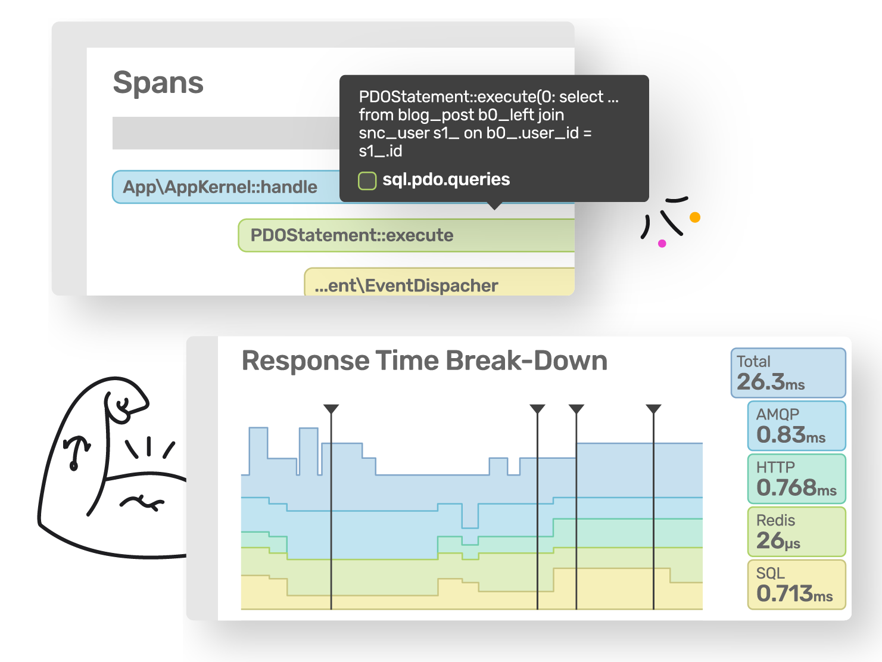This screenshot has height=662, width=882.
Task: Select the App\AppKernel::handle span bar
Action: pyautogui.click(x=225, y=187)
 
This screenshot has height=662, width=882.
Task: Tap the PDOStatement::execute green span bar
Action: pyautogui.click(x=406, y=235)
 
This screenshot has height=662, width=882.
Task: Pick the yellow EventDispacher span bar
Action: pyautogui.click(x=439, y=282)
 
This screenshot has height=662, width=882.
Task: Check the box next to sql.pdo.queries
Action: pyautogui.click(x=367, y=181)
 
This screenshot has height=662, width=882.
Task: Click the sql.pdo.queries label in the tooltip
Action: pyautogui.click(x=446, y=179)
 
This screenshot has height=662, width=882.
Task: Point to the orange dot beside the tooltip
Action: pyautogui.click(x=695, y=217)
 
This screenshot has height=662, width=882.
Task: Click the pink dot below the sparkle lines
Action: pyautogui.click(x=662, y=243)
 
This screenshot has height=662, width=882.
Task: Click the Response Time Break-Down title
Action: pyautogui.click(x=424, y=360)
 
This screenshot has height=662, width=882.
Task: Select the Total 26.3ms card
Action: pyautogui.click(x=788, y=373)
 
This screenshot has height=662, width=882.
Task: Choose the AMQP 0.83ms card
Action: pyautogui.click(x=796, y=425)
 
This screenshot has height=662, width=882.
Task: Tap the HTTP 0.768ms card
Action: pyautogui.click(x=796, y=478)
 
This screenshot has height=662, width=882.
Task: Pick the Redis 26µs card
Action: pyautogui.click(x=796, y=532)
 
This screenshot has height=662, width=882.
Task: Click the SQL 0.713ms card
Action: pyautogui.click(x=796, y=585)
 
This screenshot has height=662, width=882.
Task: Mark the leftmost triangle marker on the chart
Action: pyautogui.click(x=331, y=409)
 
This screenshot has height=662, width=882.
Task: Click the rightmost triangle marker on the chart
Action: pyautogui.click(x=653, y=409)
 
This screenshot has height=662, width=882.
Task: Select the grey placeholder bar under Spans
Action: pyautogui.click(x=226, y=133)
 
